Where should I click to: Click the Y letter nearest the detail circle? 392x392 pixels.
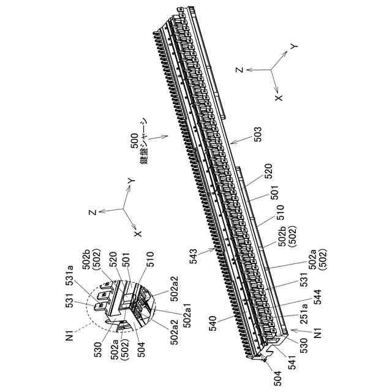click(130, 181)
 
